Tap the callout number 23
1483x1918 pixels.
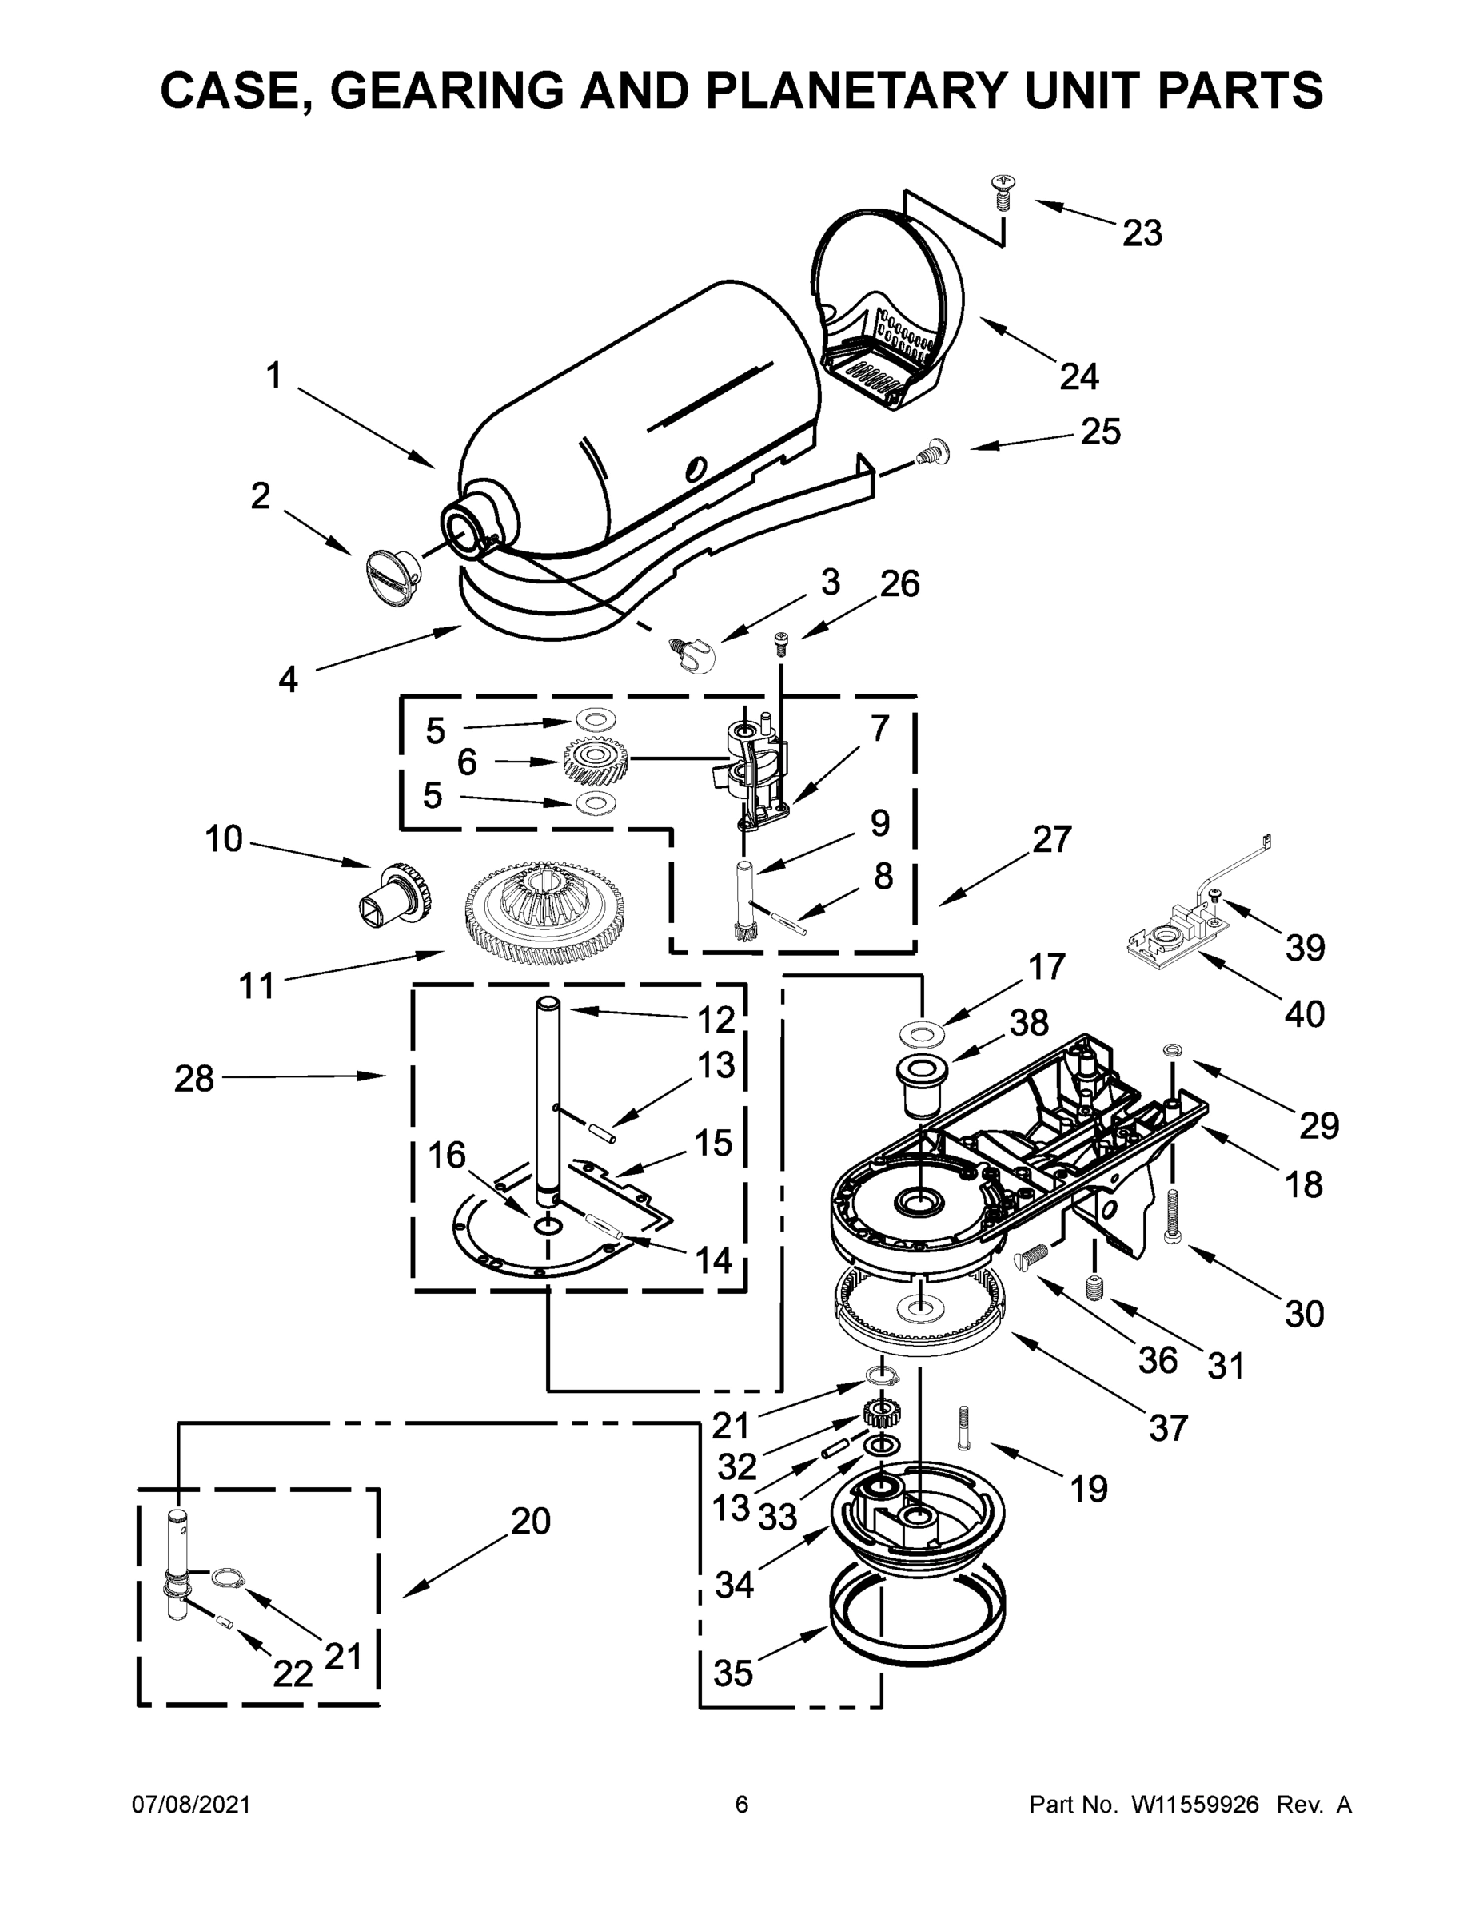[x=1142, y=233]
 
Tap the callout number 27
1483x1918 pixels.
[x=1051, y=840]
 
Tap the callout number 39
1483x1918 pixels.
[x=1304, y=948]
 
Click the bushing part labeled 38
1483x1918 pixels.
[x=920, y=1086]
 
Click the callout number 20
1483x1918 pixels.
[x=530, y=1521]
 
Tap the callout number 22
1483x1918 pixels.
[x=292, y=1674]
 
